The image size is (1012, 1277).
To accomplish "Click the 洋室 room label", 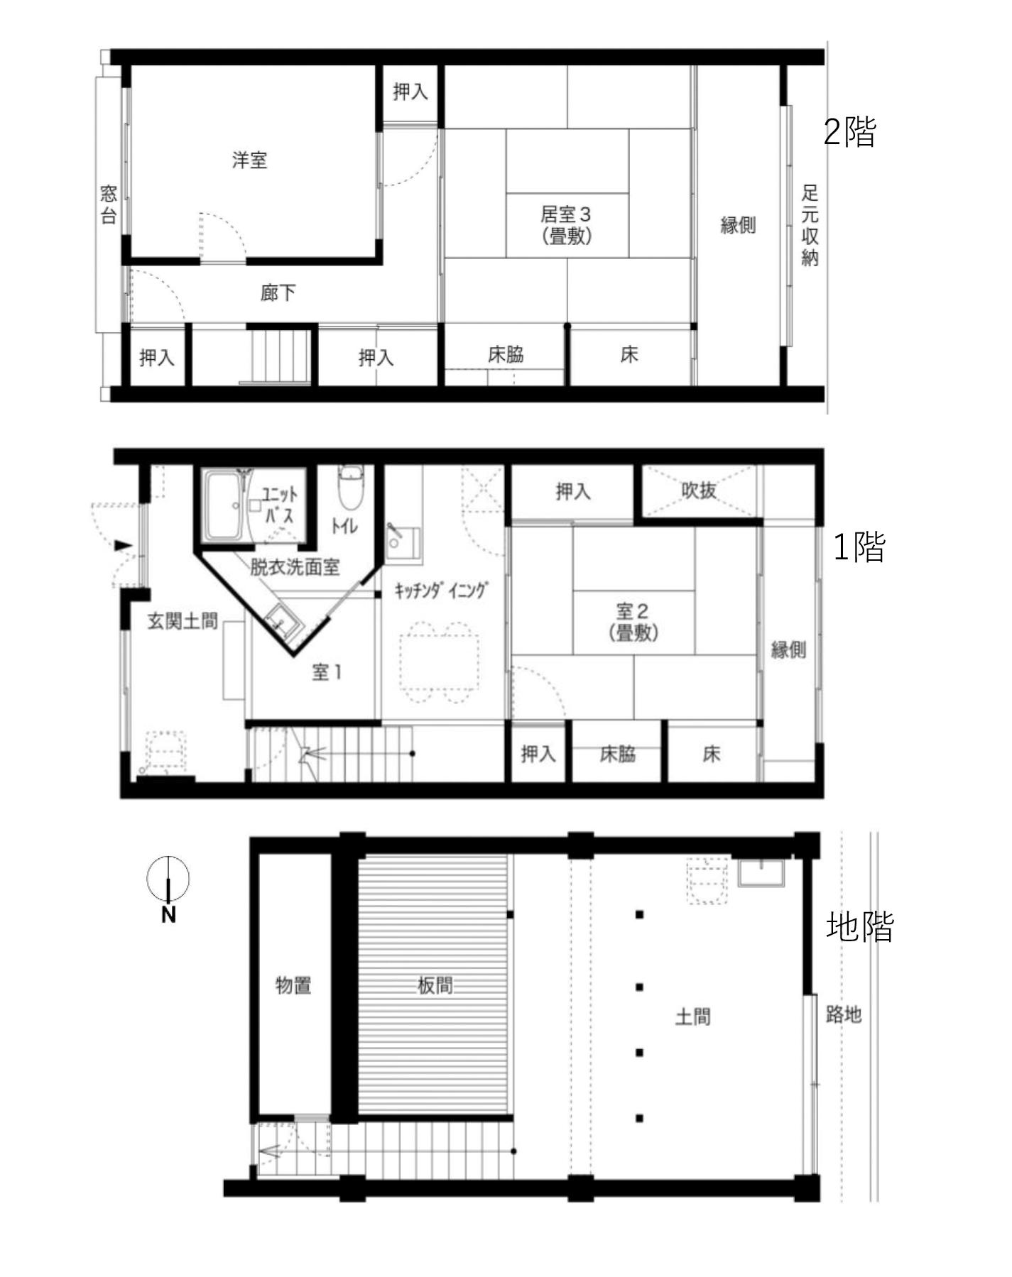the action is [249, 160].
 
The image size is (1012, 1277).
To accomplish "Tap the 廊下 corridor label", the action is [278, 292].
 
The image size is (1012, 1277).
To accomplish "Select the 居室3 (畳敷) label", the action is [566, 224].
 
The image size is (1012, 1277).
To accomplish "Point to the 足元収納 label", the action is [810, 225].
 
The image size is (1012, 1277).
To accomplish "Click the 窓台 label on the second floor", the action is [108, 204].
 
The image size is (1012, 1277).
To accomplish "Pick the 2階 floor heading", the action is [850, 131].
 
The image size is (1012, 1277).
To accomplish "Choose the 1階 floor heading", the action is [859, 547].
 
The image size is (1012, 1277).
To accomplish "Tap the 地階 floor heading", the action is [859, 927].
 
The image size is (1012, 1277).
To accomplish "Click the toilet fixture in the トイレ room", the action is [349, 487].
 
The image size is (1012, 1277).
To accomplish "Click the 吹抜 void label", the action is [698, 490].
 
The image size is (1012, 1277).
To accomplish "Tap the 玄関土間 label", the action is [183, 621].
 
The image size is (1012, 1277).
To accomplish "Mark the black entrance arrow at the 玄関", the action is [124, 545].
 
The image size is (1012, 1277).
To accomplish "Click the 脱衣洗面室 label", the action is [295, 566].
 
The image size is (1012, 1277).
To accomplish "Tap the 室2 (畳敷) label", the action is [633, 622].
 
